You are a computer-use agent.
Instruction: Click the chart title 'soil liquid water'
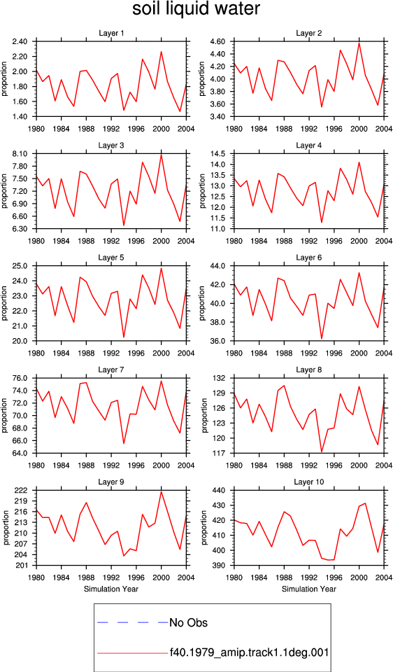(196, 9)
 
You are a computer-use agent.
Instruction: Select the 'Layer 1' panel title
(111, 33)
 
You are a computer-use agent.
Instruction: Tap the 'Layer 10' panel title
(309, 482)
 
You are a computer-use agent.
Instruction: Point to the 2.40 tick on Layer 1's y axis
(20, 41)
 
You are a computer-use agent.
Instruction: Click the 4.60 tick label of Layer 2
(218, 41)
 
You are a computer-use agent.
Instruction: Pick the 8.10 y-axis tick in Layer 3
(20, 154)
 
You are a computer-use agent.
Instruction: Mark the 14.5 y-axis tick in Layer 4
(219, 154)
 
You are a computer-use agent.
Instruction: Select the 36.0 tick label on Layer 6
(219, 341)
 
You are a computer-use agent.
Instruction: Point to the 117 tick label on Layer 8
(221, 454)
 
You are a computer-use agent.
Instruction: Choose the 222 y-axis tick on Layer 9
(23, 491)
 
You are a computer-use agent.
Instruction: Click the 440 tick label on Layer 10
(221, 491)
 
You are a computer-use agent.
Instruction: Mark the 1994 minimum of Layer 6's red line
(322, 339)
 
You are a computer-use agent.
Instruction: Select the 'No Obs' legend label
(188, 622)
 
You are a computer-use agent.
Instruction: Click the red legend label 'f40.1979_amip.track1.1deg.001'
(249, 653)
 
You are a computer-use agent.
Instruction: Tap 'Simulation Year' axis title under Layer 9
(111, 589)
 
